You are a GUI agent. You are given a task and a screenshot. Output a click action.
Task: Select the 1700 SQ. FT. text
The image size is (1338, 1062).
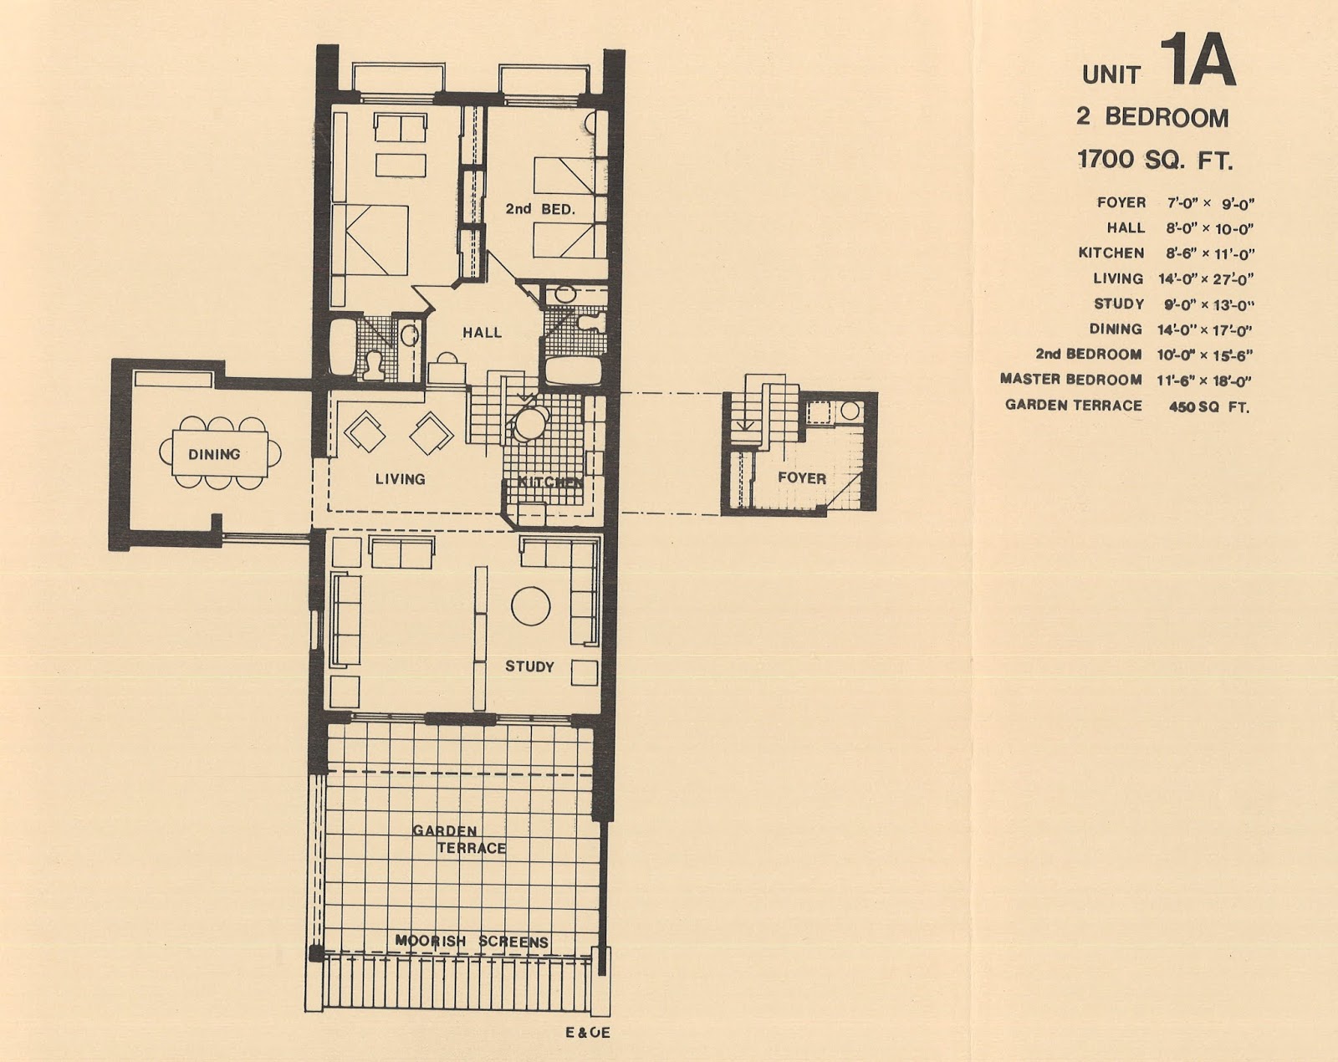pyautogui.click(x=1155, y=160)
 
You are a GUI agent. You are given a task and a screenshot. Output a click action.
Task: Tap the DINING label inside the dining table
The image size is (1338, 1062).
pyautogui.click(x=214, y=455)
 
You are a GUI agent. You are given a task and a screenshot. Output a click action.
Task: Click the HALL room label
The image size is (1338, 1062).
pyautogui.click(x=482, y=333)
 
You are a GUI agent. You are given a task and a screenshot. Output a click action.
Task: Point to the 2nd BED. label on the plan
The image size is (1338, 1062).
pyautogui.click(x=540, y=209)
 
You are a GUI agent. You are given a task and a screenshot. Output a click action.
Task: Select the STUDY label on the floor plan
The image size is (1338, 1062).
pyautogui.click(x=529, y=666)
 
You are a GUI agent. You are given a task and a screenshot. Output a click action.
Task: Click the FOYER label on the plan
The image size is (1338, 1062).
pyautogui.click(x=802, y=478)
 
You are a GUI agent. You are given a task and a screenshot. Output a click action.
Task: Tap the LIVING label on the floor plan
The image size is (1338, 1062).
pyautogui.click(x=401, y=479)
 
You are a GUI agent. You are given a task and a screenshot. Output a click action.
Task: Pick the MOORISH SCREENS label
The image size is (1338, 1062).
pyautogui.click(x=472, y=942)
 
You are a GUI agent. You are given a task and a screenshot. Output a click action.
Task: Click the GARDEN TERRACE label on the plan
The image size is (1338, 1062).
pyautogui.click(x=459, y=840)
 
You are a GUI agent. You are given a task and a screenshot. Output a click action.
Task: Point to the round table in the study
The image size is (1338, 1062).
pyautogui.click(x=530, y=605)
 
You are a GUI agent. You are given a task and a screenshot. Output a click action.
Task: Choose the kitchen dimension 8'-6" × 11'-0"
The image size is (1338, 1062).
pyautogui.click(x=1210, y=253)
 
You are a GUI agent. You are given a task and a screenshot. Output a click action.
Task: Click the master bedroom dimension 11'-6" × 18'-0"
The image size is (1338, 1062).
pyautogui.click(x=1204, y=380)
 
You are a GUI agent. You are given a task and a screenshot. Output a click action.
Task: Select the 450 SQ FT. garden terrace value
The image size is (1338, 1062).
pyautogui.click(x=1208, y=406)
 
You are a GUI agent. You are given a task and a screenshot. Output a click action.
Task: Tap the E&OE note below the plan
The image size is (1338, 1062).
pyautogui.click(x=588, y=1033)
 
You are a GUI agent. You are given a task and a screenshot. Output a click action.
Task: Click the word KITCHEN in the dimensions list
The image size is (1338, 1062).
pyautogui.click(x=1111, y=253)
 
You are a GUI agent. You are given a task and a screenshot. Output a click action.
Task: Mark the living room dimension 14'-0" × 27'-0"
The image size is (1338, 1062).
pyautogui.click(x=1206, y=279)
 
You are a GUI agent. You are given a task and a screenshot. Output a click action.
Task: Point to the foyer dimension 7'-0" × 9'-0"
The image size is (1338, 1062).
pyautogui.click(x=1210, y=203)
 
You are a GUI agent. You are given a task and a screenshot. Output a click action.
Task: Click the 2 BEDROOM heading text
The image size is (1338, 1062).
pyautogui.click(x=1152, y=118)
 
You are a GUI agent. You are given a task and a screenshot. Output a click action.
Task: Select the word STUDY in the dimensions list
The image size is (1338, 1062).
pyautogui.click(x=1119, y=304)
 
